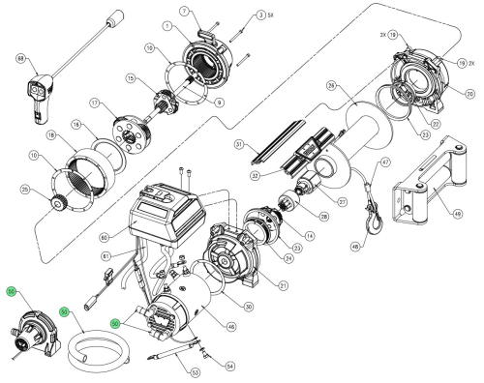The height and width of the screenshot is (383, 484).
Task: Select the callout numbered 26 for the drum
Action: [x=331, y=85]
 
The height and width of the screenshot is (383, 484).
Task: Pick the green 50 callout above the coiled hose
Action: [x=64, y=312]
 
